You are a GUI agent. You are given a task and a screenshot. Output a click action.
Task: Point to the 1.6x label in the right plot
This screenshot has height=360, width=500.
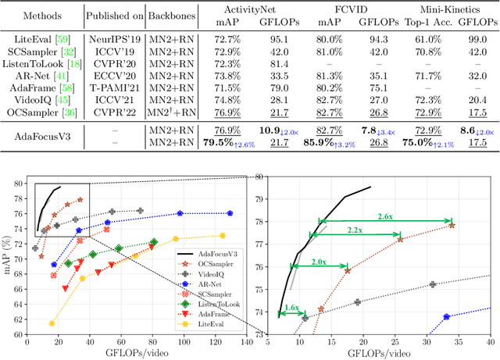(x=291, y=308)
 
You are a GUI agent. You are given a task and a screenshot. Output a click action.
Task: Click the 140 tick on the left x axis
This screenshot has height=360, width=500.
(x=246, y=340)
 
